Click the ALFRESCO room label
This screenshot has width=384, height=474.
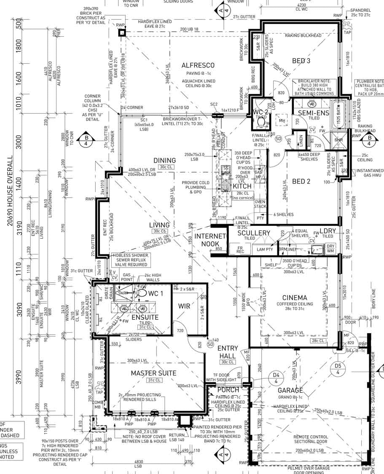click(198, 65)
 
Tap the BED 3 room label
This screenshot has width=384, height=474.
click(301, 61)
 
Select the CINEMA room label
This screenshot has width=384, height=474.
click(295, 298)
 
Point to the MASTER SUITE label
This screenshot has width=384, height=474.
click(153, 373)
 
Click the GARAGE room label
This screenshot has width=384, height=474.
click(290, 390)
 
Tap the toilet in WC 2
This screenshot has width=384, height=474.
click(260, 122)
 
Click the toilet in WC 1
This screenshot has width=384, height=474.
click(142, 292)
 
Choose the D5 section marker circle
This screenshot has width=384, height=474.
click(338, 369)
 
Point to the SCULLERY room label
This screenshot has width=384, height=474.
click(253, 233)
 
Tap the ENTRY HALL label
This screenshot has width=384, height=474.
click(228, 352)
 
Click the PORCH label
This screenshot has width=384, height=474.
click(228, 390)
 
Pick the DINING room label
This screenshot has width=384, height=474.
click(164, 161)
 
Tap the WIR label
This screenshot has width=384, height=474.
click(184, 305)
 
